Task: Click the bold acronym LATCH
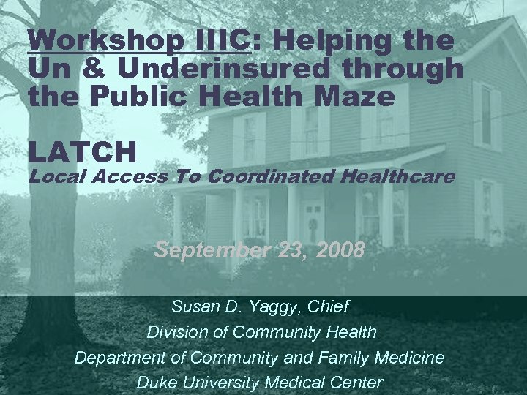point(83,152)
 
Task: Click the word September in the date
point(212,251)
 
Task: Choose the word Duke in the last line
point(156,382)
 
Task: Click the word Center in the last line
point(357,382)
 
